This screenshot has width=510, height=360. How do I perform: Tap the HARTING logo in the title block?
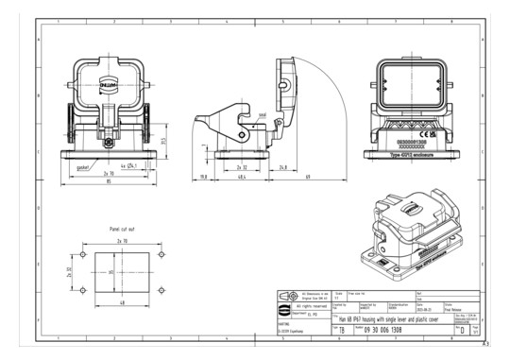284,309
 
